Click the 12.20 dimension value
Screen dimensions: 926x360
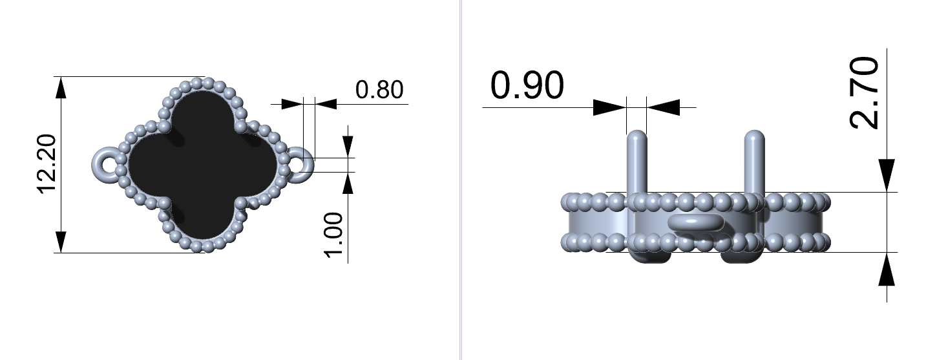coord(47,164)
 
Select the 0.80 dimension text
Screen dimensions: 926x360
coord(379,90)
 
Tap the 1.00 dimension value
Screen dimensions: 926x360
coord(333,235)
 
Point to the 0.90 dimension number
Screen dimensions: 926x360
coord(527,85)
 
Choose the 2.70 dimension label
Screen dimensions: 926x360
coord(865,93)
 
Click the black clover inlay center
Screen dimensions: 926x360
coord(202,165)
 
